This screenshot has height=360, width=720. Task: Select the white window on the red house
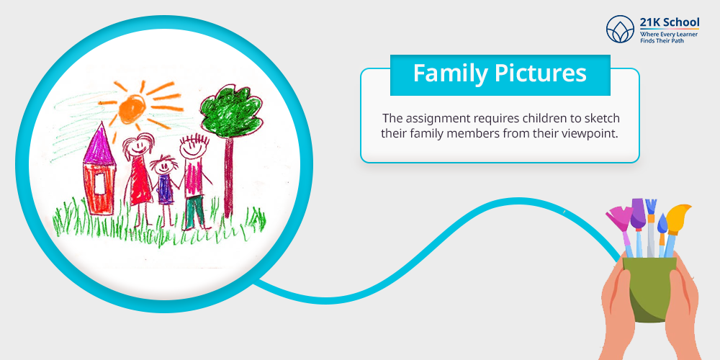tap(99, 184)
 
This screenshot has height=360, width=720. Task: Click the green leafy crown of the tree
tap(232, 112)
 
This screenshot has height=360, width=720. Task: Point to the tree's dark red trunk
tap(229, 177)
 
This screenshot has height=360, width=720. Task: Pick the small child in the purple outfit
tap(165, 187)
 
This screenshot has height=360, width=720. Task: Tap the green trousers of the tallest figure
tap(195, 212)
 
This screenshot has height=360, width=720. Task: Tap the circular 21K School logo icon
tap(620, 30)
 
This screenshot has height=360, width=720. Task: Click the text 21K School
tap(670, 22)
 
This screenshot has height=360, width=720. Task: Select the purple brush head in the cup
tap(638, 214)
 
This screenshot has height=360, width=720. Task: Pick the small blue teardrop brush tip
tap(662, 224)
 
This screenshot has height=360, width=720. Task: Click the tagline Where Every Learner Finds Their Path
tap(669, 37)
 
